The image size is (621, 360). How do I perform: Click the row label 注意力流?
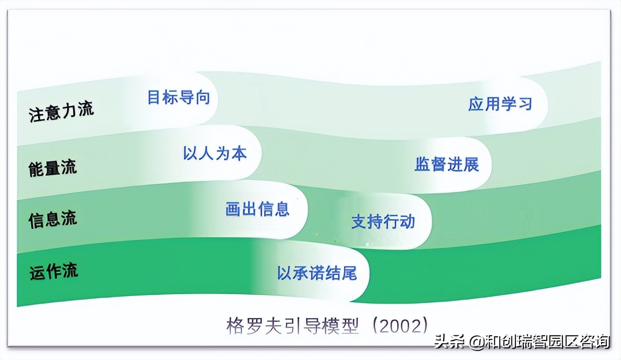tap(62, 111)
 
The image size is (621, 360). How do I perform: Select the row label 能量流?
tap(52, 168)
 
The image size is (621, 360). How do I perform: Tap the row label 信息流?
tap(52, 219)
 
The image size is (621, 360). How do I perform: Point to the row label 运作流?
tap(53, 271)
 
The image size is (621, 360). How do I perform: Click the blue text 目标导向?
tap(178, 97)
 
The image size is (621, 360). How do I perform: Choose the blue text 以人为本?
tap(215, 153)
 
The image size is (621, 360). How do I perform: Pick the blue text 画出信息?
tap(257, 209)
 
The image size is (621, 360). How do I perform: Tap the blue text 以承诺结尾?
tap(317, 273)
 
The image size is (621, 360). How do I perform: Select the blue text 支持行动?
tap(383, 221)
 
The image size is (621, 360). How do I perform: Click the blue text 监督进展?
tap(447, 164)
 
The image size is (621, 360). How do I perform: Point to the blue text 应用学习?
tap(500, 104)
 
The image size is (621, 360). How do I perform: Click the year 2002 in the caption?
tap(401, 326)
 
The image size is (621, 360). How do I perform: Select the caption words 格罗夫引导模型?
tap(292, 326)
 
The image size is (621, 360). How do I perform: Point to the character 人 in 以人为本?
tap(207, 153)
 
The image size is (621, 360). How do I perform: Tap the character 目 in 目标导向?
tap(155, 97)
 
